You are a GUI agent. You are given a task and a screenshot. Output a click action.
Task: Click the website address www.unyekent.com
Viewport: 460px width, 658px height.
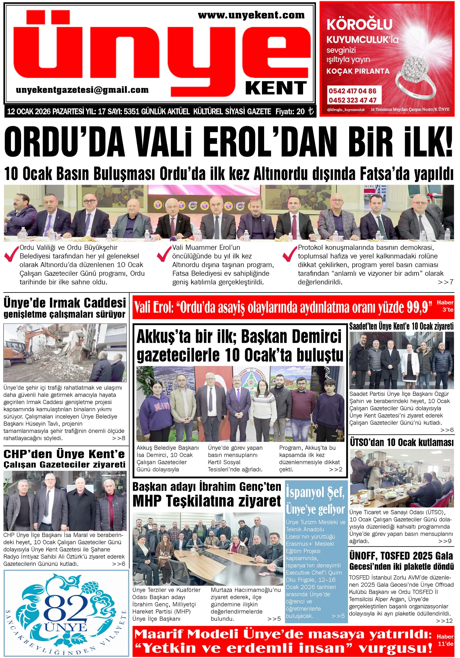click(x=251, y=15)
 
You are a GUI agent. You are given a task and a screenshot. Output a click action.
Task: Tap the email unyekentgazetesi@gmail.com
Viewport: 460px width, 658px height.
click(x=82, y=90)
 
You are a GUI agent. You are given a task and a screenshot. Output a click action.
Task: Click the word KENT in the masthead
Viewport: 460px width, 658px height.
click(x=276, y=88)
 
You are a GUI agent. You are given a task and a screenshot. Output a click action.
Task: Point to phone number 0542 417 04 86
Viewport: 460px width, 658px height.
click(x=352, y=91)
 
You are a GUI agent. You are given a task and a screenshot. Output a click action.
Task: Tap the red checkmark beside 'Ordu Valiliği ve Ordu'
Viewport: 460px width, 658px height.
click(x=12, y=254)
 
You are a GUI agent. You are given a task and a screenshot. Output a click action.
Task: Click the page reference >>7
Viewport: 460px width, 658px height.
click(x=445, y=282)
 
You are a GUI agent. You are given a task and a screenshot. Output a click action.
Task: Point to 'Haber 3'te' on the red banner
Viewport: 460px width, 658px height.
click(x=445, y=306)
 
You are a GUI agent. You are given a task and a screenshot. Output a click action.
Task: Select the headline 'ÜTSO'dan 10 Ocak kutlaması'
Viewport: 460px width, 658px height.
click(x=402, y=443)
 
